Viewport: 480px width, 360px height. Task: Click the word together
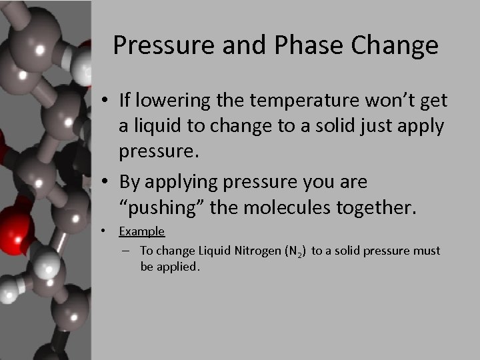point(377,207)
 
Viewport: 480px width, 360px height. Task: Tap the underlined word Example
point(142,231)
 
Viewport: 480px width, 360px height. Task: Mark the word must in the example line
point(428,251)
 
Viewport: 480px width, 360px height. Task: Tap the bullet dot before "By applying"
point(106,181)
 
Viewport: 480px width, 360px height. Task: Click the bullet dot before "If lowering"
point(106,101)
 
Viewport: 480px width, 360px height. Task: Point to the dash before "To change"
point(126,251)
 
